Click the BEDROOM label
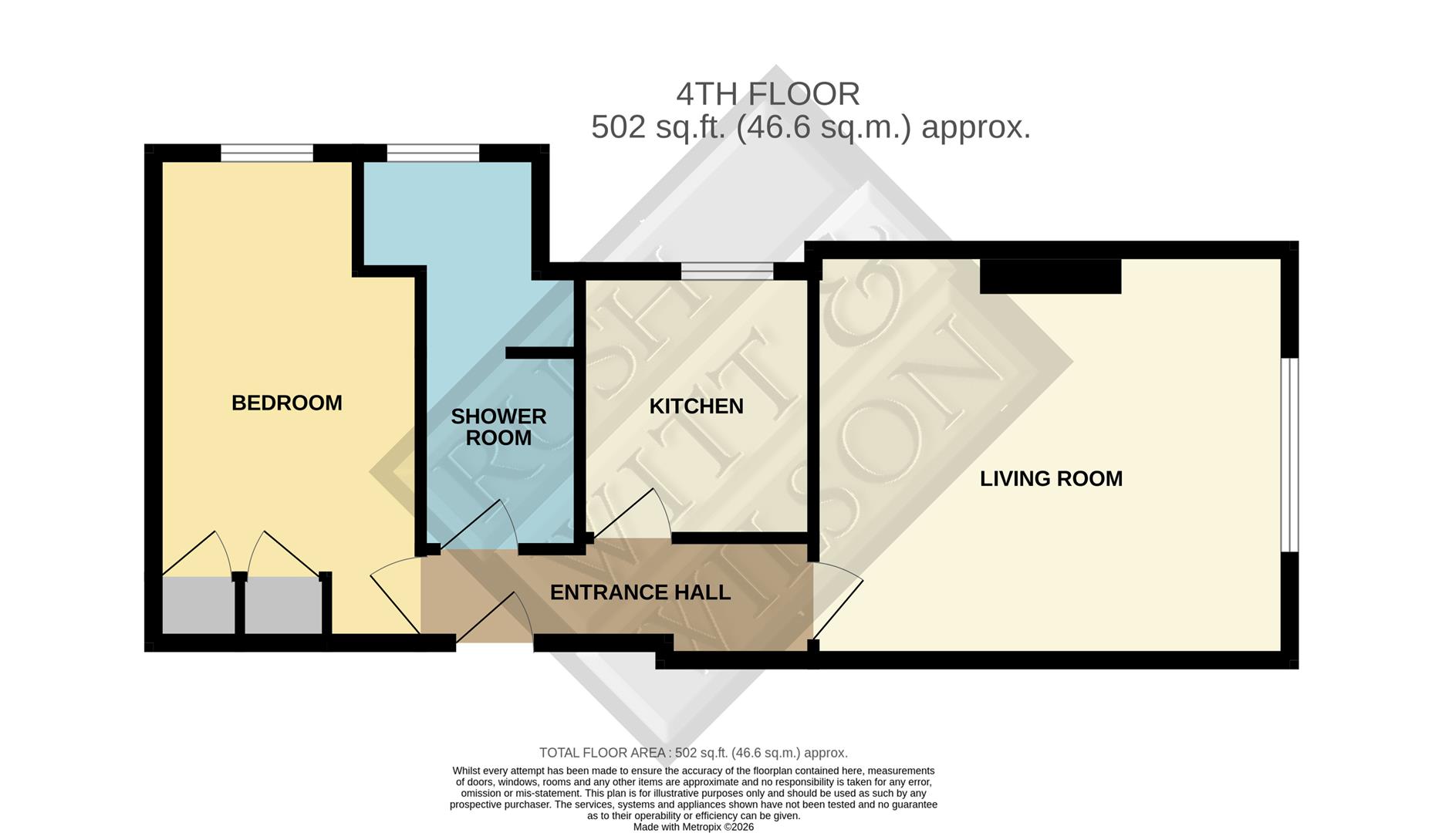pos(286,403)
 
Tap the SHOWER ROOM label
pos(498,427)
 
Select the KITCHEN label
pos(696,406)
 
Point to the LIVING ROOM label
pos(1051,479)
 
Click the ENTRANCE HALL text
pos(640,592)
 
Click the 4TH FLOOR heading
pos(768,94)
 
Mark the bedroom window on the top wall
pos(267,153)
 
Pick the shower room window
pos(433,153)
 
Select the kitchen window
pos(727,271)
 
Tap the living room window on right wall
pos(1289,454)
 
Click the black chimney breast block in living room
pos(1050,277)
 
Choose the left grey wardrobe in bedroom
pos(198,606)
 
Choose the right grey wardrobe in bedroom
pos(282,606)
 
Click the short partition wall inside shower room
pos(539,352)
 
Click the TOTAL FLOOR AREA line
pos(693,753)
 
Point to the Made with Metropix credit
pos(693,827)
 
